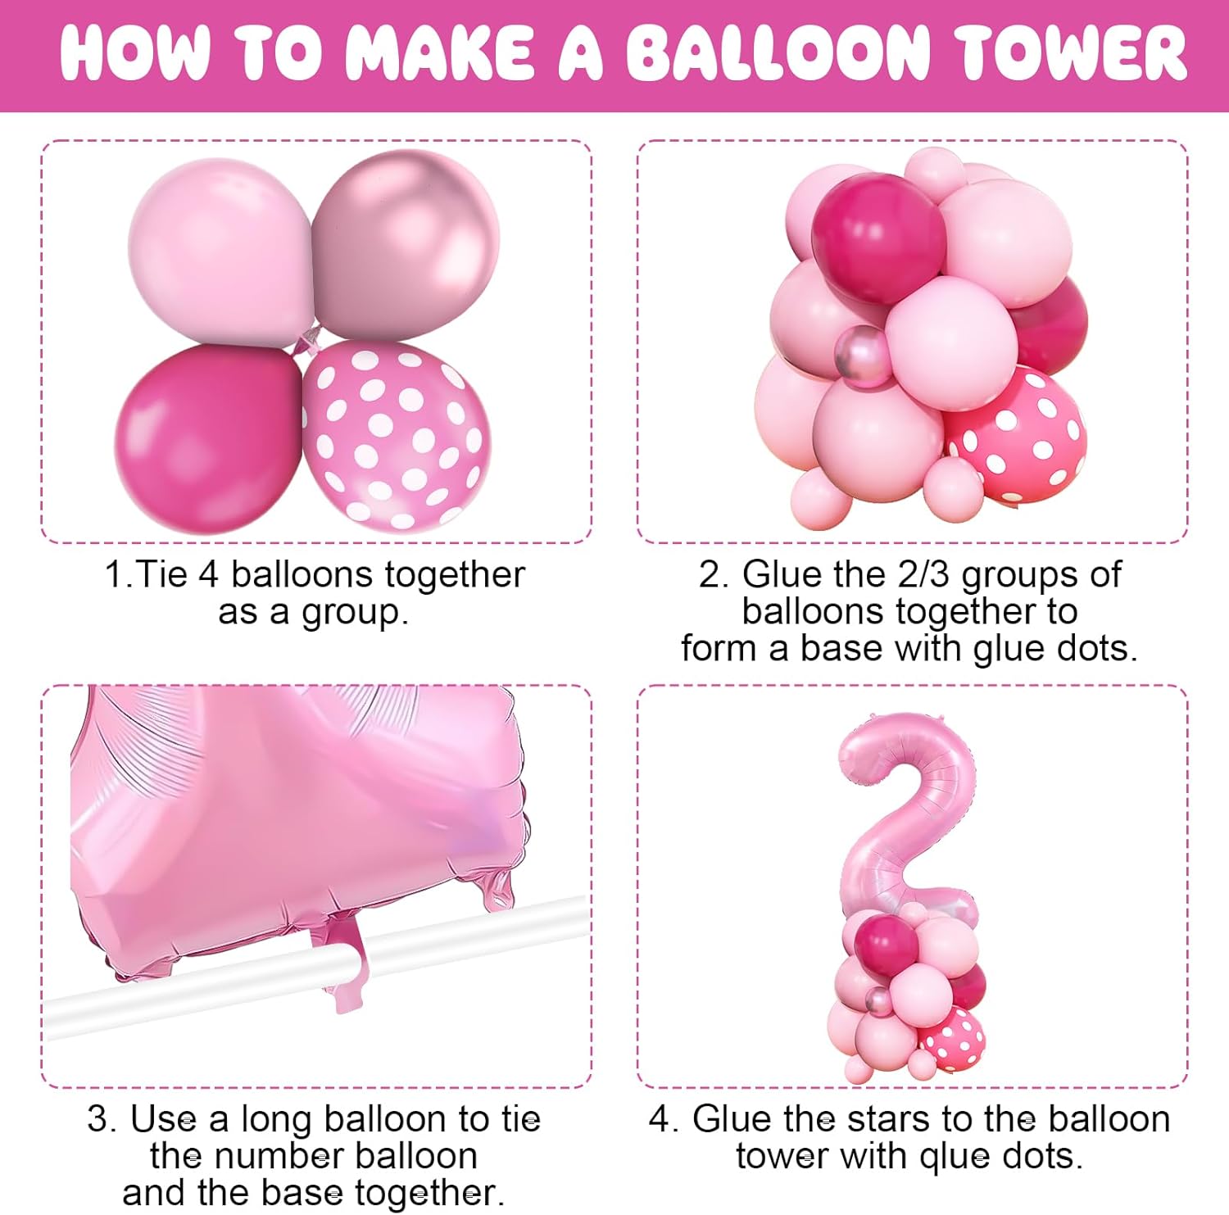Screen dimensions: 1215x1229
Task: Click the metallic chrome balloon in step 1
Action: [406, 246]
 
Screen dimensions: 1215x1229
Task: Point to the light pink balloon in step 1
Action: [220, 250]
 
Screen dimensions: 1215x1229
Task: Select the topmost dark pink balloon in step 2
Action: [878, 238]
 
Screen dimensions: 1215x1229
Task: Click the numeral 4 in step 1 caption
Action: [209, 574]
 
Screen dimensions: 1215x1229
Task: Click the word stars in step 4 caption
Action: [887, 1119]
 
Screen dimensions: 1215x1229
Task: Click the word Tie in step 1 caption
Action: [162, 574]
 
